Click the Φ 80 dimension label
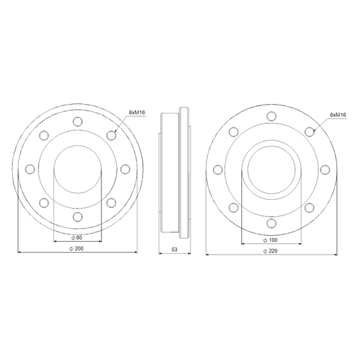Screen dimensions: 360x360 77,238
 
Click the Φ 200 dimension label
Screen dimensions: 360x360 77,249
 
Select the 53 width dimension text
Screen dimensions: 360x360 174,249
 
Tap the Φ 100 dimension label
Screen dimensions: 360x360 270,240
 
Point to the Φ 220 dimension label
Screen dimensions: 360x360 270,251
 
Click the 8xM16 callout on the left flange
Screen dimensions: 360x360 137,112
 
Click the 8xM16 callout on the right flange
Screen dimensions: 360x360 338,115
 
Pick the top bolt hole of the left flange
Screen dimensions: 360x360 78,122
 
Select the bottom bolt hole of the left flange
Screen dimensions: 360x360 78,217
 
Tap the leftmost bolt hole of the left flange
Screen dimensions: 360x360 30,170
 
